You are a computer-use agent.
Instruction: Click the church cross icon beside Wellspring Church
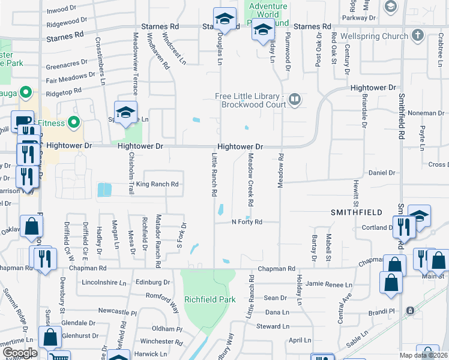[418, 35]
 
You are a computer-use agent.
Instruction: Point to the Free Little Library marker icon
[295, 100]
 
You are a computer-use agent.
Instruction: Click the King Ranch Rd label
[157, 184]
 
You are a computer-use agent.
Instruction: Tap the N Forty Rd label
[247, 222]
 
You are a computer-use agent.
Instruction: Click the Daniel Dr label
[382, 173]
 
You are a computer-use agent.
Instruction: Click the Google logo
[20, 353]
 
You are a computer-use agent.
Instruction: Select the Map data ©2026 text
[424, 355]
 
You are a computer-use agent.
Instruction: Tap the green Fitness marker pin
[74, 123]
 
